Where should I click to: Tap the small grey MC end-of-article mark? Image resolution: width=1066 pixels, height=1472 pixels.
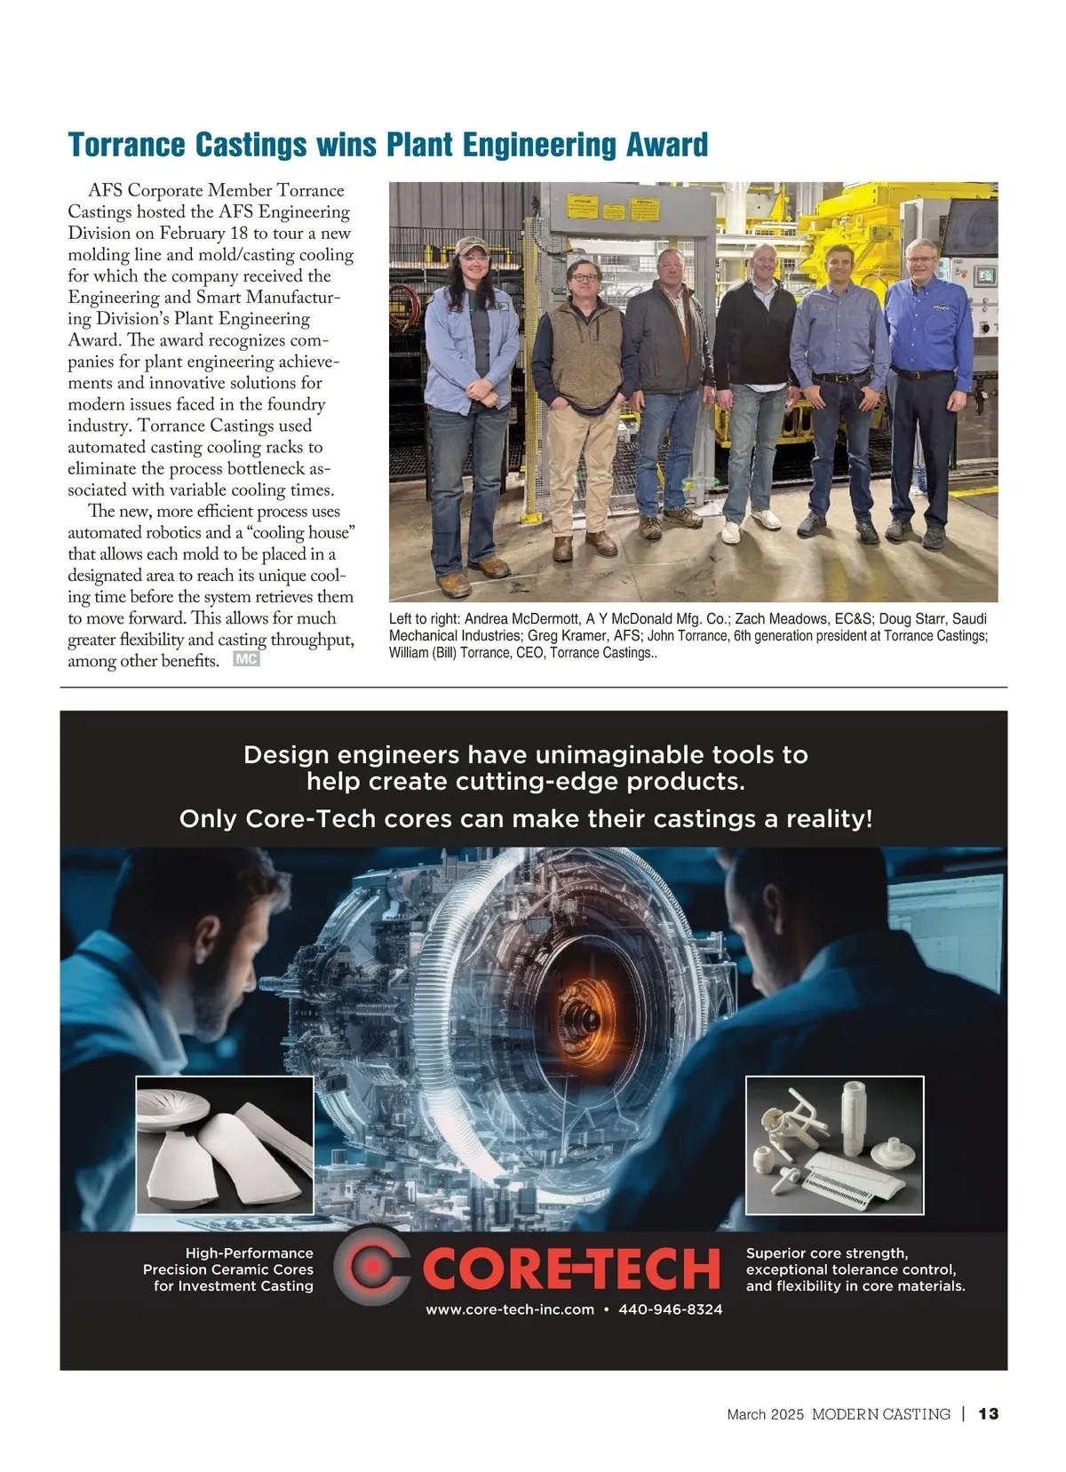click(246, 659)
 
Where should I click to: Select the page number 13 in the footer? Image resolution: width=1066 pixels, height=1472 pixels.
click(988, 1413)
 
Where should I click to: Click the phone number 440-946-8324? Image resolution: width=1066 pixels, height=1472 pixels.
click(670, 1309)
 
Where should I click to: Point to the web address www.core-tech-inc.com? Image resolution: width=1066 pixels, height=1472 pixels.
click(509, 1309)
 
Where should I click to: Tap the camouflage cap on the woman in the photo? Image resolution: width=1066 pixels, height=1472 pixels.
click(470, 243)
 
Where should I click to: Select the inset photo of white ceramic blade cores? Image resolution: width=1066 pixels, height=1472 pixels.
click(225, 1145)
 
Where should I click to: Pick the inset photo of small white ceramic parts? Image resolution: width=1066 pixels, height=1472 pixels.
click(834, 1145)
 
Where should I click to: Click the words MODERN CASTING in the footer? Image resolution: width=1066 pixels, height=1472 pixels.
click(880, 1413)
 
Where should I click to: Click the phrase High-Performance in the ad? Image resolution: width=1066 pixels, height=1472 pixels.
click(249, 1253)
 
